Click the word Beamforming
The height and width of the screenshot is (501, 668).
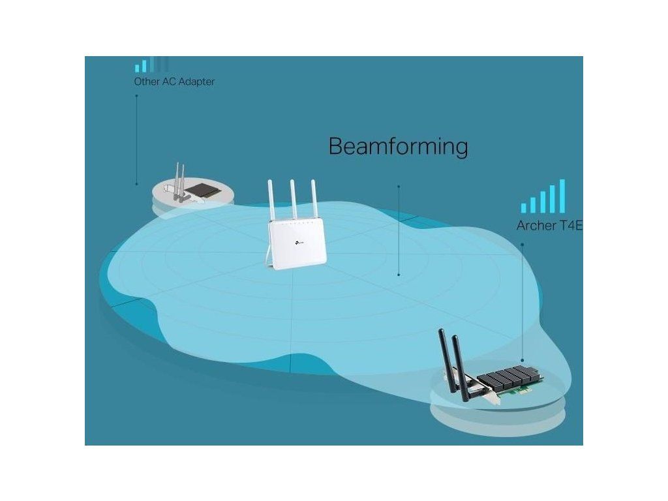[x=397, y=147]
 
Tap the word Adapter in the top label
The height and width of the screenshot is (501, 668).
[x=196, y=82]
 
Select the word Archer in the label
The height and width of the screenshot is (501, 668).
[x=534, y=226]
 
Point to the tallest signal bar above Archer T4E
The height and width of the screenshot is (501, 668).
[x=562, y=196]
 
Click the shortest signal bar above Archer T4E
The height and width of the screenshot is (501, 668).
[x=523, y=208]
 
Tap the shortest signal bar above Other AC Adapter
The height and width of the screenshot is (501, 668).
[x=137, y=68]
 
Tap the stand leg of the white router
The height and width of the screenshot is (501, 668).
[x=268, y=257]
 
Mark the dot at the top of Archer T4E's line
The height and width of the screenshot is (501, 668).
[x=522, y=245]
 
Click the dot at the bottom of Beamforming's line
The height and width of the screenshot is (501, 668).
[x=399, y=275]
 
